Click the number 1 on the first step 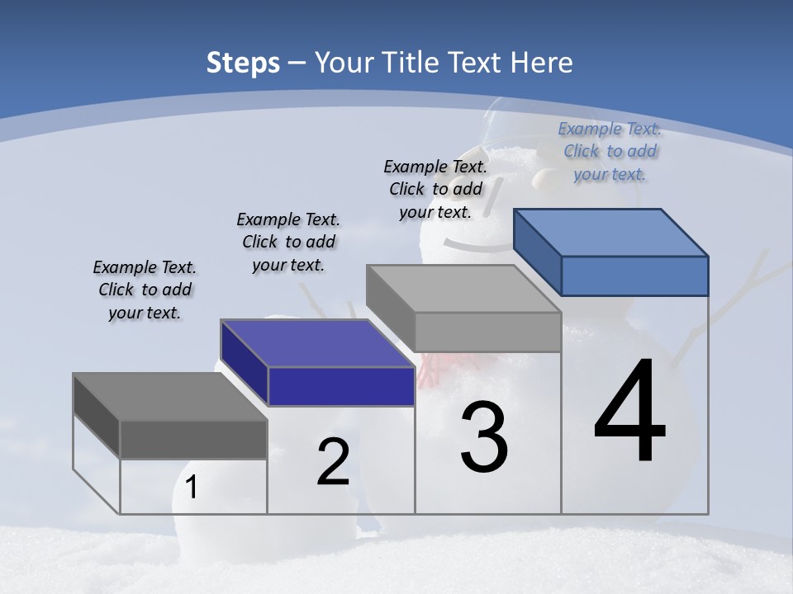click(x=192, y=488)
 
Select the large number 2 click(x=333, y=462)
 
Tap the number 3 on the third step click(x=484, y=438)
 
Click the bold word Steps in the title click(x=243, y=63)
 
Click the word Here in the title click(x=543, y=63)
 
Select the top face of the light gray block click(x=463, y=289)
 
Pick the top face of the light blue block click(x=610, y=233)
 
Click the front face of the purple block click(x=341, y=386)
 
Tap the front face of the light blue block click(x=634, y=276)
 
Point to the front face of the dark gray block click(x=193, y=439)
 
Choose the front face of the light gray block click(x=487, y=332)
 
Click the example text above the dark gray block click(x=145, y=290)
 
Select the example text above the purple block click(x=288, y=242)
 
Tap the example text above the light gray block click(x=435, y=189)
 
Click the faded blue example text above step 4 click(x=610, y=151)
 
